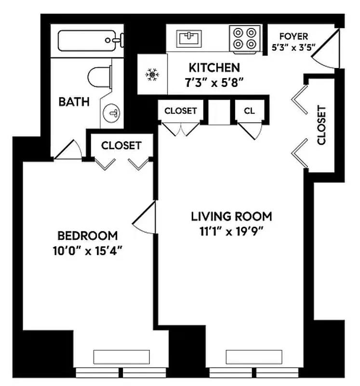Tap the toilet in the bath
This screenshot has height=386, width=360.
(x=99, y=76)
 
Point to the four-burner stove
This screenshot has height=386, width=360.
(x=244, y=38)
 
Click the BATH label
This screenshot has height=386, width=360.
(x=74, y=102)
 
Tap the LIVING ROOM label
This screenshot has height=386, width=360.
(x=231, y=216)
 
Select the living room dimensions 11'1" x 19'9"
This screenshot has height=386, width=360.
(x=231, y=230)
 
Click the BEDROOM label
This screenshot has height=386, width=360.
(x=87, y=236)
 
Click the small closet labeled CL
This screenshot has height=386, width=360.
(x=249, y=110)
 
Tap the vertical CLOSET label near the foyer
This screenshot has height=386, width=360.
(x=322, y=125)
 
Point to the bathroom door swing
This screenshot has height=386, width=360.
(x=67, y=151)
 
